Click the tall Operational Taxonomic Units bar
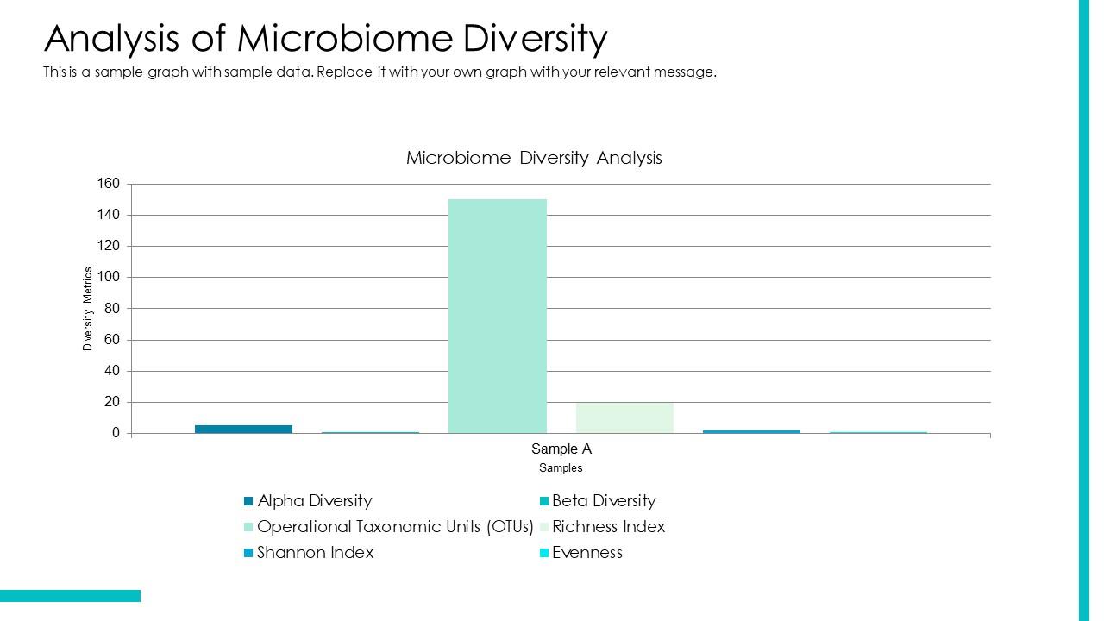coord(497,316)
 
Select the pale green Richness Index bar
coord(624,417)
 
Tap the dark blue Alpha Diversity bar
coord(243,429)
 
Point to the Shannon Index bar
coord(751,431)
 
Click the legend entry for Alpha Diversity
coord(314,501)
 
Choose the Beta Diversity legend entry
coord(603,501)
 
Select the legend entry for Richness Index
coord(608,527)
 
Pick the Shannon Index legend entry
coord(315,553)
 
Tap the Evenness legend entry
coord(586,553)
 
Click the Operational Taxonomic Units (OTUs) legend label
coord(395,527)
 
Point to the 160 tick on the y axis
coord(109,184)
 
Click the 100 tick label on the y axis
coord(109,278)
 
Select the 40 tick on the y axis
coord(112,371)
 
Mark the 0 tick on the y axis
coord(116,434)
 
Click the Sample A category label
coord(561,449)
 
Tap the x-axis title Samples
coord(561,468)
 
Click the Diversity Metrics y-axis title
coord(88,309)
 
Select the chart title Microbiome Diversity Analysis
coord(534,158)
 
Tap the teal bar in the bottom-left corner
coord(70,596)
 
